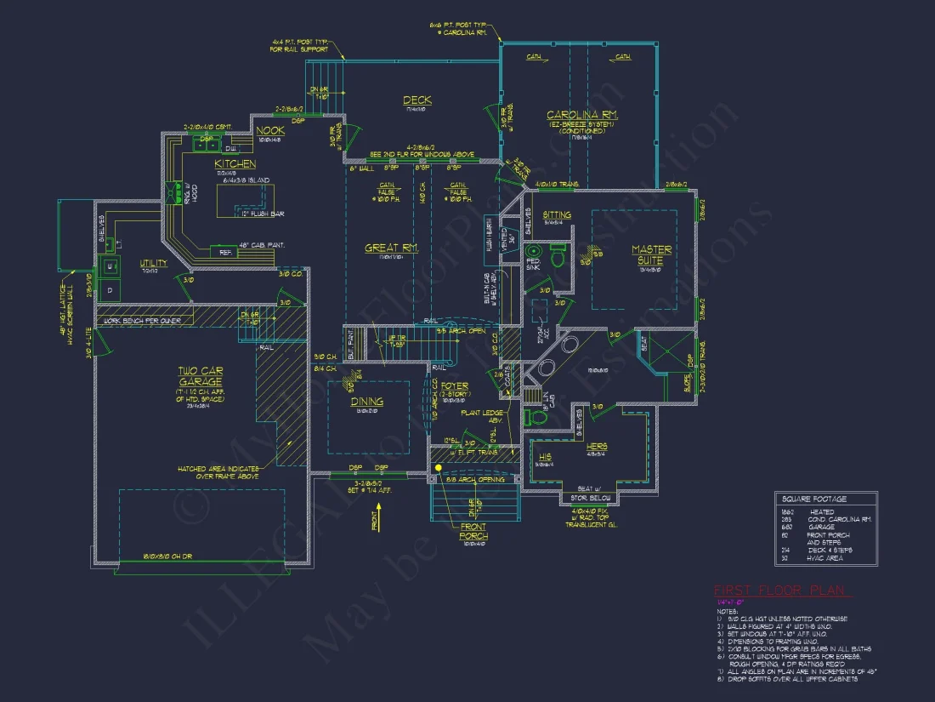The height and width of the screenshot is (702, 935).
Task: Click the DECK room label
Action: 416,100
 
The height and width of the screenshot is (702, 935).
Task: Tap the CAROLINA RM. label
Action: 582,115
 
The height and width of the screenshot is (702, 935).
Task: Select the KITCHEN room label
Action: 235,163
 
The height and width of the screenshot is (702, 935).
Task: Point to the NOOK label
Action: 270,130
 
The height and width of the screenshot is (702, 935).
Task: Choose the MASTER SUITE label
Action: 652,254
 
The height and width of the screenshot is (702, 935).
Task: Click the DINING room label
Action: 366,401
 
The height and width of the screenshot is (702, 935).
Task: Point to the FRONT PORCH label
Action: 473,531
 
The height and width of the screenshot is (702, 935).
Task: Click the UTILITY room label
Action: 154,264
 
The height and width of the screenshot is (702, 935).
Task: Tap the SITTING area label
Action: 557,215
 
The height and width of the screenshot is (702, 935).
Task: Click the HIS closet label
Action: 545,457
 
